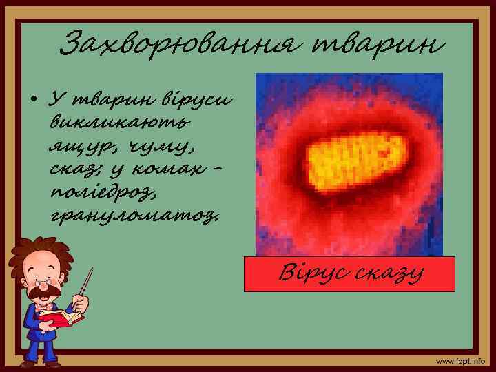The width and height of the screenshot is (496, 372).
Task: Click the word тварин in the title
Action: (x=375, y=45)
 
